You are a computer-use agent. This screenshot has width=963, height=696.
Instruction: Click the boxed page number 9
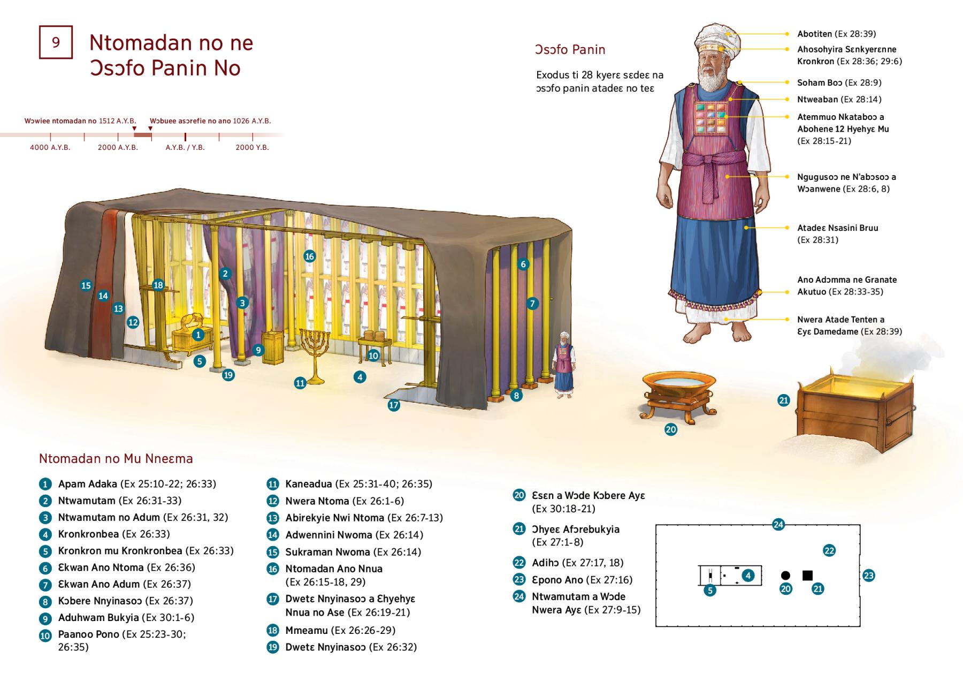coord(56,42)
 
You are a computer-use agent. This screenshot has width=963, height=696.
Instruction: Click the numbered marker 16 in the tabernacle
coord(309,256)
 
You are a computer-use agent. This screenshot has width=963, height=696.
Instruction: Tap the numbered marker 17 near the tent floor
coord(394,405)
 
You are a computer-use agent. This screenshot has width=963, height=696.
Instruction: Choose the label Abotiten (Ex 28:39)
coord(836,34)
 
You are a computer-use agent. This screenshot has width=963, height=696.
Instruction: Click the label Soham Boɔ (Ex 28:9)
coord(839,82)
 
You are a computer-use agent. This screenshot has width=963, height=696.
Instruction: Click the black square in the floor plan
coord(807,576)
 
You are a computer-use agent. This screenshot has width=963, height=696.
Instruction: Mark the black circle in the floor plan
coord(785,576)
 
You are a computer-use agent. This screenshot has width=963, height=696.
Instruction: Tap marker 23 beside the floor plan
coord(868,576)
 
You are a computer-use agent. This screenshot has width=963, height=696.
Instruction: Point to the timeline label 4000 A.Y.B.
coord(50,147)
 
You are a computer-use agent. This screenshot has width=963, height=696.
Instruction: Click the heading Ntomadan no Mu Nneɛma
coord(116,459)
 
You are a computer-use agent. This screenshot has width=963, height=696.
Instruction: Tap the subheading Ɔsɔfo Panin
coord(570,50)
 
